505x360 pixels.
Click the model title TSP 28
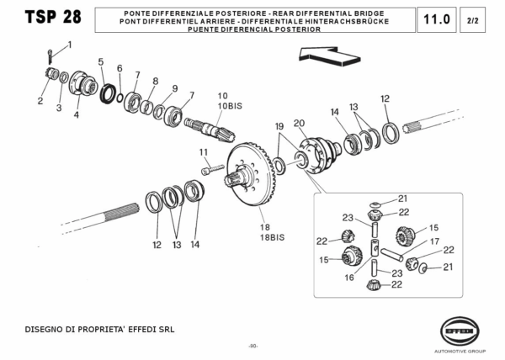[x=44, y=19]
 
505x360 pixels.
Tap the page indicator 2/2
[x=475, y=19]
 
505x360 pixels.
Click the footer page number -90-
[x=252, y=347]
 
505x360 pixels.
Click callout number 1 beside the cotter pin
[x=69, y=44]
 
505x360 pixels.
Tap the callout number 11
[x=203, y=151]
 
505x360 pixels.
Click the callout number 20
[x=299, y=123]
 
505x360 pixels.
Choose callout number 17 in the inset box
[x=435, y=241]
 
